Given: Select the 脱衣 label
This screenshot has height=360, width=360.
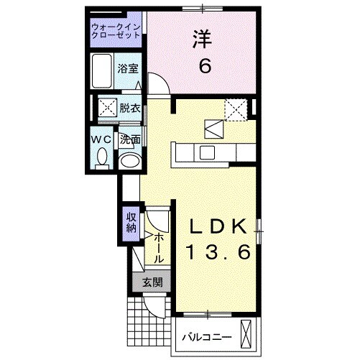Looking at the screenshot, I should pyautogui.click(x=129, y=109).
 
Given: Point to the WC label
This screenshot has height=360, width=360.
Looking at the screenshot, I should pyautogui.click(x=101, y=139).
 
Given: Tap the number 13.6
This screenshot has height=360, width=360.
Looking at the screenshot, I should pyautogui.click(x=218, y=252).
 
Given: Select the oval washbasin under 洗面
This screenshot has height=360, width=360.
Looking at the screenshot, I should pyautogui.click(x=130, y=161).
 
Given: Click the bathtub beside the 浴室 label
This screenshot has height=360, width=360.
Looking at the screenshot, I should pyautogui.click(x=102, y=70).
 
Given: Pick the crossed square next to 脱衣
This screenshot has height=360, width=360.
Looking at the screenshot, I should pyautogui.click(x=107, y=109).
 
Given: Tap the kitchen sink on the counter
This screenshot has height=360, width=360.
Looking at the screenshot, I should pyautogui.click(x=207, y=152).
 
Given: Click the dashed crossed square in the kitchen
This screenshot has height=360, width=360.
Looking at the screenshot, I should pyautogui.click(x=236, y=109).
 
